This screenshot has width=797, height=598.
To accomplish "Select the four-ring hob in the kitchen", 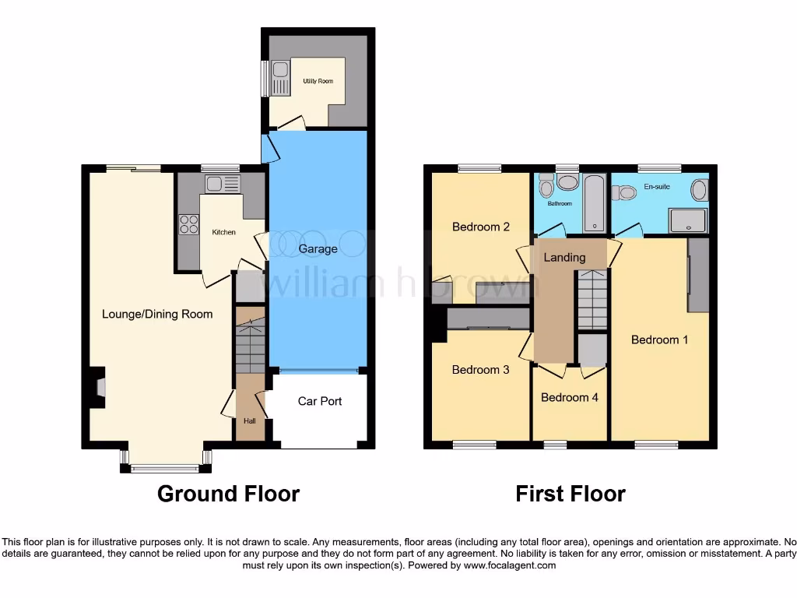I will [188, 224].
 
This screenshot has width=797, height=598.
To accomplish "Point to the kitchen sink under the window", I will [223, 184].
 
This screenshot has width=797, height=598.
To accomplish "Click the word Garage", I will [318, 249].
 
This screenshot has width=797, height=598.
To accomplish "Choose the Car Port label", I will [320, 402].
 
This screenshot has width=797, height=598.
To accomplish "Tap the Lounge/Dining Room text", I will [157, 315].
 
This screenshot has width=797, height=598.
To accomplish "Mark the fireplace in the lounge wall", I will [98, 387].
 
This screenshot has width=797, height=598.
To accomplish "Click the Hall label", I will [249, 421].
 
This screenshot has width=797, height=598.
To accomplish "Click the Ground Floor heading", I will [228, 494].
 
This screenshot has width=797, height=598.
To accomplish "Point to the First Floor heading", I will [571, 494].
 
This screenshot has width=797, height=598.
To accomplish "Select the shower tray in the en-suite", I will [688, 220].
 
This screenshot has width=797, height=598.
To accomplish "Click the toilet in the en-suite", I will [623, 192].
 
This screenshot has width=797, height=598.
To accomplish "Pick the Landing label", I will [564, 257].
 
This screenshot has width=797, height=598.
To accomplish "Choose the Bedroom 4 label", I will [570, 397].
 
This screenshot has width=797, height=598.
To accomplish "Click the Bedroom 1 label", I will [659, 339].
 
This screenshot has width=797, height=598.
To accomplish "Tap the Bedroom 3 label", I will [480, 370].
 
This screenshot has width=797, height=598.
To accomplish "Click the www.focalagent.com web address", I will [509, 565].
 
